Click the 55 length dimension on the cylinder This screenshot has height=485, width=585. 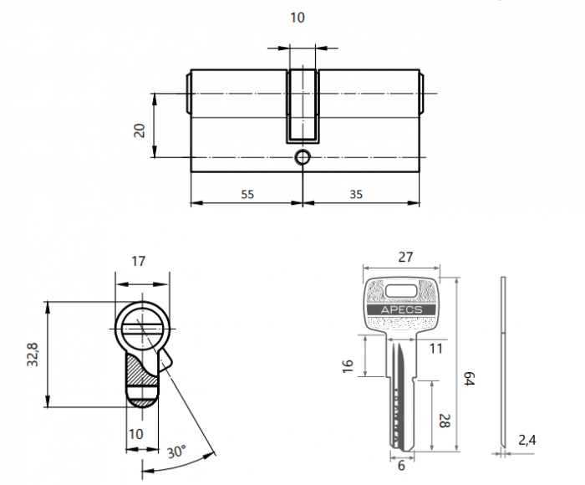(x=247, y=194)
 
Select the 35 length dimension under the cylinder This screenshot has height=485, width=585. (x=355, y=194)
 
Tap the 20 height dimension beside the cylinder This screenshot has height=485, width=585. (x=140, y=130)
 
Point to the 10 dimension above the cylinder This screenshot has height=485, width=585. (x=298, y=18)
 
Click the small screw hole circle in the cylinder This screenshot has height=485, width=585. (x=302, y=156)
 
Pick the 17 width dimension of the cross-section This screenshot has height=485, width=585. (x=139, y=261)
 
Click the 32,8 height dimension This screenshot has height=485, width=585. (x=33, y=353)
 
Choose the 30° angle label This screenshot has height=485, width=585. (x=175, y=452)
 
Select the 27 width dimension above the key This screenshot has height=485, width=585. (x=404, y=258)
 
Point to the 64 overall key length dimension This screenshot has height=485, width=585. (x=469, y=379)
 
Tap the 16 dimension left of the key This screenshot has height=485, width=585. (x=349, y=365)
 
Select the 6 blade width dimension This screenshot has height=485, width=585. (x=401, y=466)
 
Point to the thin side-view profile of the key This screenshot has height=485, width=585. (x=503, y=360)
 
